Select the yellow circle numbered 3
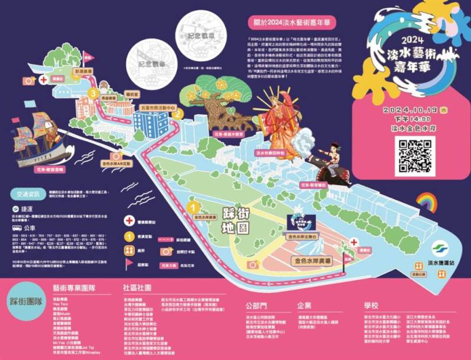coord(92,92)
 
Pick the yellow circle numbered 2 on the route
coord(174,115)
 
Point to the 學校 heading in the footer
coord(371,305)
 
